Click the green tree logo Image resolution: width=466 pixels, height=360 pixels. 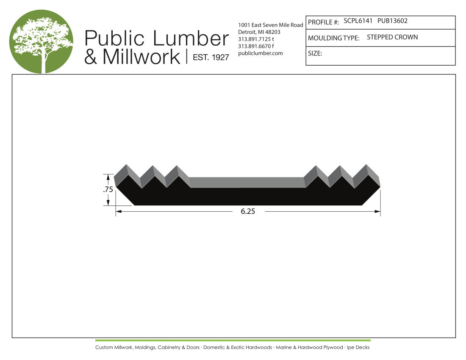41,42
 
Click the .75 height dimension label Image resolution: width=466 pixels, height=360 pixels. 108,189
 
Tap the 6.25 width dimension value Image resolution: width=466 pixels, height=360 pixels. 248,211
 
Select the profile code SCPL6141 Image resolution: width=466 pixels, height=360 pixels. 358,21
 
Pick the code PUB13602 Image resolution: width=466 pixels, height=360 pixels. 392,21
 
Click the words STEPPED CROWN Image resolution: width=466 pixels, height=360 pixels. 392,37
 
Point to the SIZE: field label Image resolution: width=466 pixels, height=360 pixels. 315,53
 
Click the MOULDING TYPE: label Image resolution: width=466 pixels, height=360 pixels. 333,38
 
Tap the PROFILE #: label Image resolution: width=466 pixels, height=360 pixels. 323,22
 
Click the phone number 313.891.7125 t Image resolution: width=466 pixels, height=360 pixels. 256,39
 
